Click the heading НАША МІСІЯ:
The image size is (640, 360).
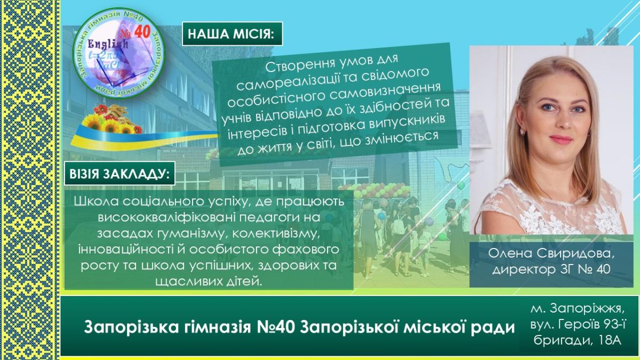(x=231, y=34)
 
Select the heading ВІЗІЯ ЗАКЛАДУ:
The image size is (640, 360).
(x=119, y=174)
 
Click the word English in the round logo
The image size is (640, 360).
(x=108, y=44)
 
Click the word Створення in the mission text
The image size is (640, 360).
(x=297, y=66)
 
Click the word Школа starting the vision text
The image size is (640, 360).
(x=97, y=202)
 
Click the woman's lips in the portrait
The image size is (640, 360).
(x=561, y=139)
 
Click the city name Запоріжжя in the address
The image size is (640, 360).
(x=587, y=309)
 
